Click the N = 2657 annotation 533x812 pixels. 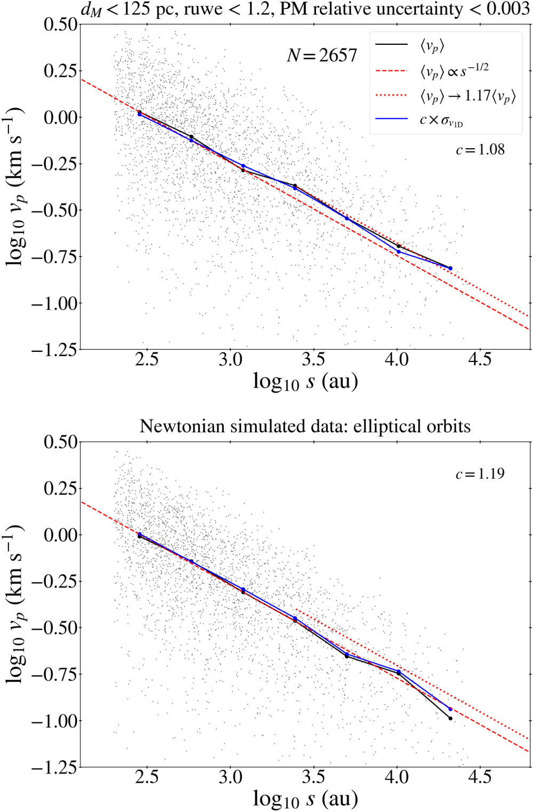pos(322,55)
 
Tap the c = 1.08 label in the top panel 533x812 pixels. pos(480,150)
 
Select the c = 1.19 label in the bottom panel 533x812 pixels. pos(480,474)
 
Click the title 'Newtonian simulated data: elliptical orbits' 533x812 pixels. pos(305,427)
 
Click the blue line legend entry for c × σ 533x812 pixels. pos(441,120)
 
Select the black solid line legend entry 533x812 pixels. pos(432,46)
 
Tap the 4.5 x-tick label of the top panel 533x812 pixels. pos(479,360)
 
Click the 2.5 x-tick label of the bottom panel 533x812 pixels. pos(147,777)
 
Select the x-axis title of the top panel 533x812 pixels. pos(305,382)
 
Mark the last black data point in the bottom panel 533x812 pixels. pos(450,719)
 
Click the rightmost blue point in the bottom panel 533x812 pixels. pos(450,709)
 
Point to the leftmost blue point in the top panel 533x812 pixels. pos(140,114)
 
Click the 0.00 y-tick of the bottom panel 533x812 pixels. pos(60,535)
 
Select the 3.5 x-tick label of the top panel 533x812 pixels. pos(313,360)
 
